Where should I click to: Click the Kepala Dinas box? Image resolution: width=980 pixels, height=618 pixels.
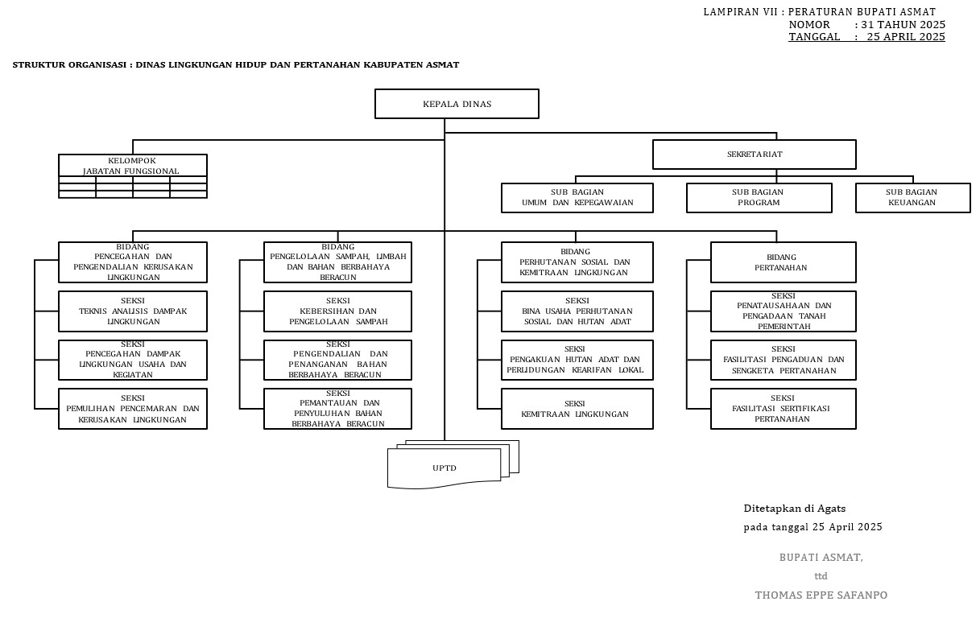457,104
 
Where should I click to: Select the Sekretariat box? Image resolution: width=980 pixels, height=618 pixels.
754,154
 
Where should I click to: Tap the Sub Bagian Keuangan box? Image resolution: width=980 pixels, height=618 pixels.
912,198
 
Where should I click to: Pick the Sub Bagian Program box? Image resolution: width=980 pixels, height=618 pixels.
759,198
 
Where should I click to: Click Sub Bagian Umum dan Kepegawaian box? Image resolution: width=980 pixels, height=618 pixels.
577,198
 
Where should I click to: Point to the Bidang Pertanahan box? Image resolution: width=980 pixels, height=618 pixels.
783,262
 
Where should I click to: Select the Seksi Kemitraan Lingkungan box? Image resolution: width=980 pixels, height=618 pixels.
577,409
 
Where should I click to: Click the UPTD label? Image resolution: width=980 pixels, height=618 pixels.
445,468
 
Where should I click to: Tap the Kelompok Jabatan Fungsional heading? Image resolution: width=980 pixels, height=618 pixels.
132,166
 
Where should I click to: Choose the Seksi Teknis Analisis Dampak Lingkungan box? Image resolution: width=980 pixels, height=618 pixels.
132,311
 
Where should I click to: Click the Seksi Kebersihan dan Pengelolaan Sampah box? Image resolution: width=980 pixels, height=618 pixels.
337,311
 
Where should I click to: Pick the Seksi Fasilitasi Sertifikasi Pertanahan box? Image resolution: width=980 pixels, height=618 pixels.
783,409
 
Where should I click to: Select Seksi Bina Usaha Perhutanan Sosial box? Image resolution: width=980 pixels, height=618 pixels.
577,311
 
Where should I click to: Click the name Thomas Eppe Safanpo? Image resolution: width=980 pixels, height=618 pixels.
821,595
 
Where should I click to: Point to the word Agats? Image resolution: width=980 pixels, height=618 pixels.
831,509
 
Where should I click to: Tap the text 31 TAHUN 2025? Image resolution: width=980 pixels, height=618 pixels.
903,24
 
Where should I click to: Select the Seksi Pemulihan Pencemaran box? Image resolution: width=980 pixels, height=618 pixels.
132,409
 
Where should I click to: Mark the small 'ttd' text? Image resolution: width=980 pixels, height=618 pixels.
821,576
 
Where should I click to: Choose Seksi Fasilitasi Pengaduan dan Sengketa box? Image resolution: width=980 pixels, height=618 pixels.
783,360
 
